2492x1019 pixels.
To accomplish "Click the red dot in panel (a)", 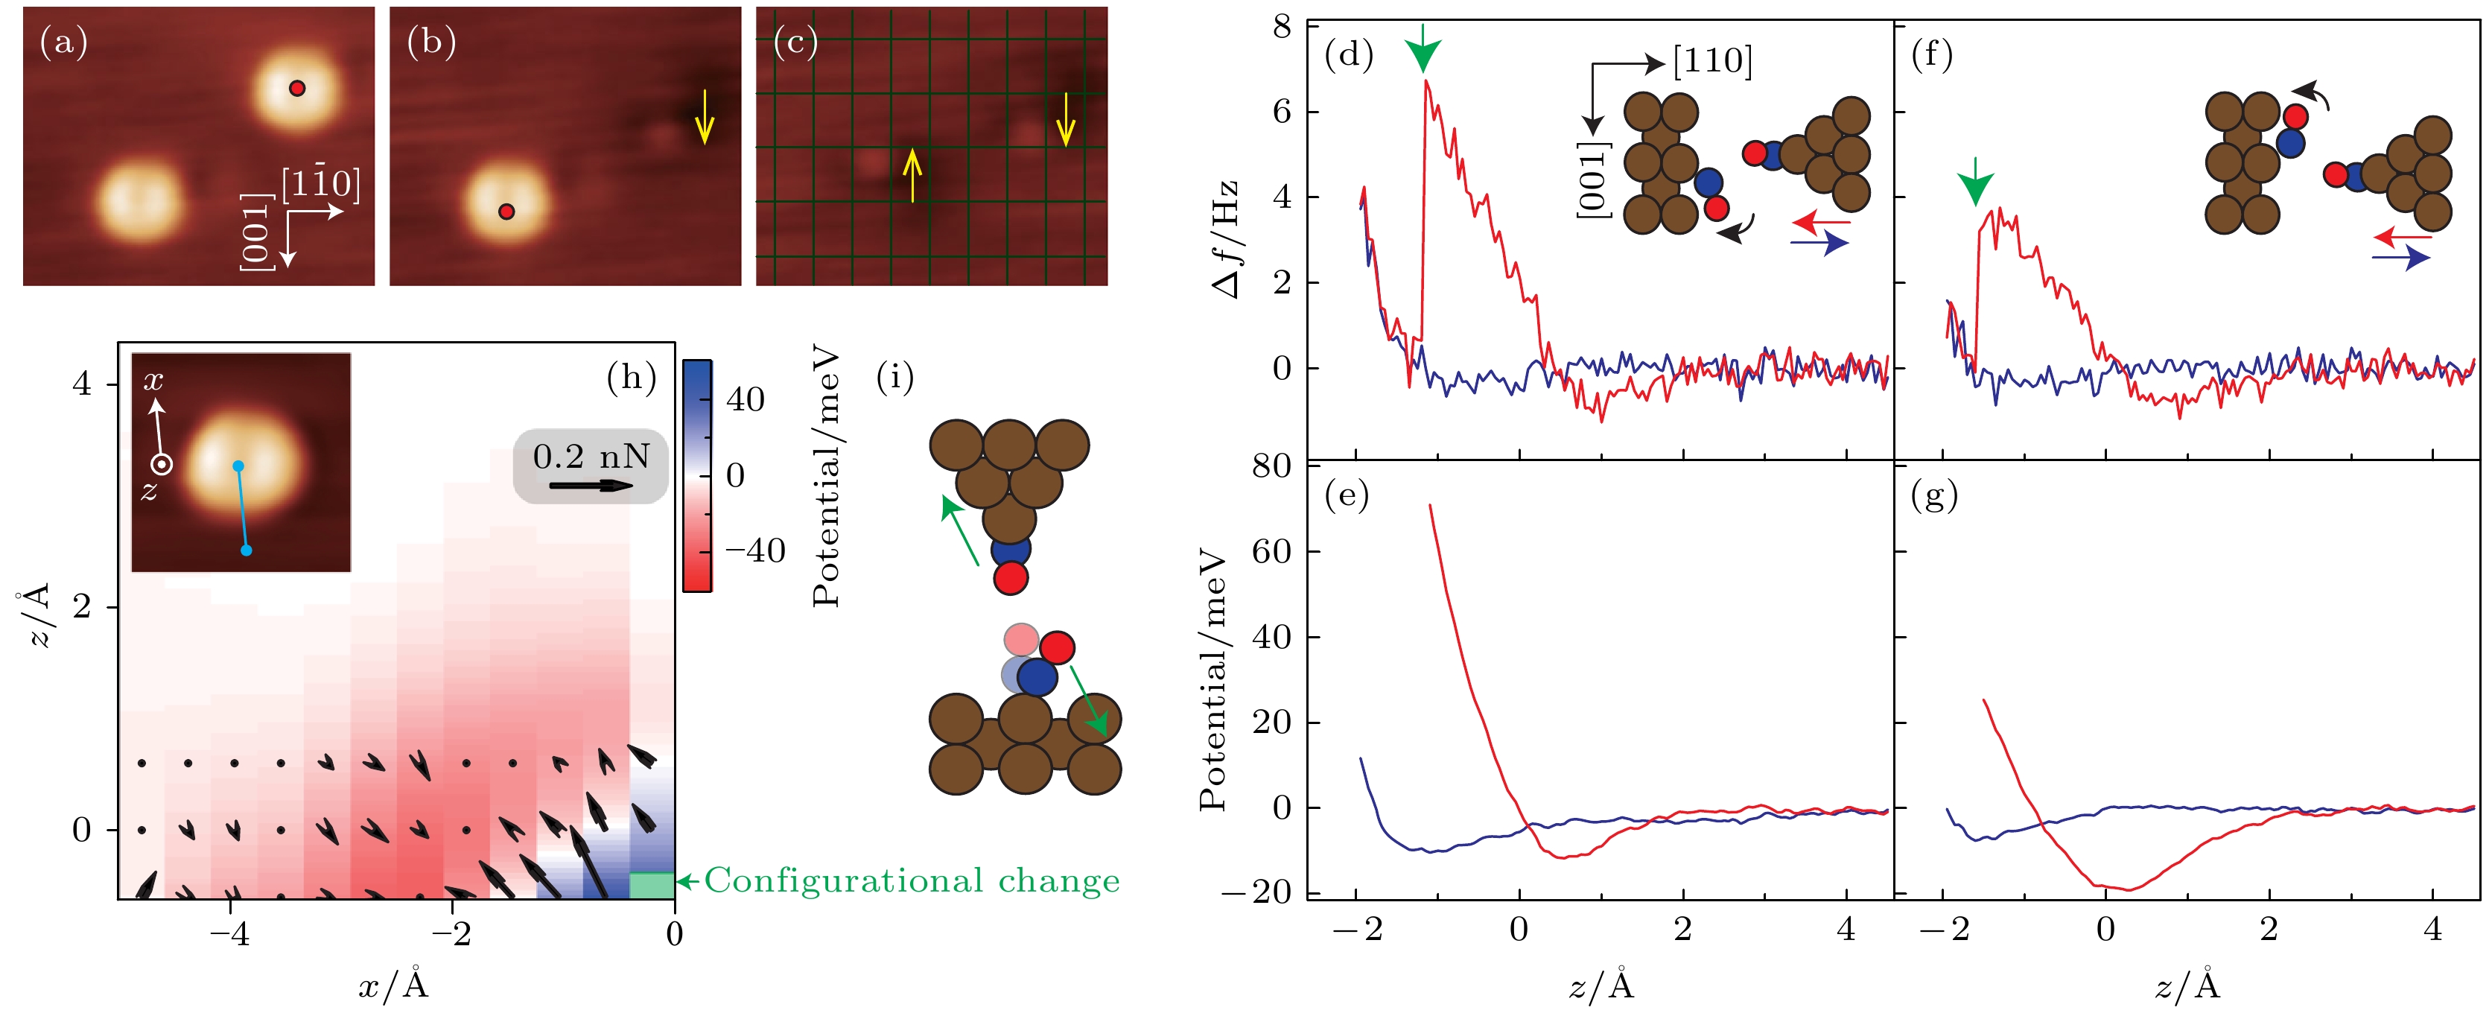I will pyautogui.click(x=297, y=88).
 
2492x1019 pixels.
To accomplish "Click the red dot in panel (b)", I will pyautogui.click(x=506, y=211).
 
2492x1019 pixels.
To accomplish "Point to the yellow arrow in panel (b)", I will pyautogui.click(x=705, y=117).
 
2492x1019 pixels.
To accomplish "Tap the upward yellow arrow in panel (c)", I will pyautogui.click(x=912, y=174).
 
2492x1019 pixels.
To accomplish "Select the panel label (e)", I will pyautogui.click(x=1347, y=495).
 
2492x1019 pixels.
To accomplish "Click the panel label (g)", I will pyautogui.click(x=1934, y=495).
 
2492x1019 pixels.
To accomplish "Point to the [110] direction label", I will pyautogui.click(x=1712, y=61).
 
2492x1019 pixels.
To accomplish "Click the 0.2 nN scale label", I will pyautogui.click(x=591, y=456).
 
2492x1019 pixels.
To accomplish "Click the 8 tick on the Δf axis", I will pyautogui.click(x=1282, y=26).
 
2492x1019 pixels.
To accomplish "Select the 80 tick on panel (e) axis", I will pyautogui.click(x=1272, y=466).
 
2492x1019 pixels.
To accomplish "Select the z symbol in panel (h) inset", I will pyautogui.click(x=148, y=492).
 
